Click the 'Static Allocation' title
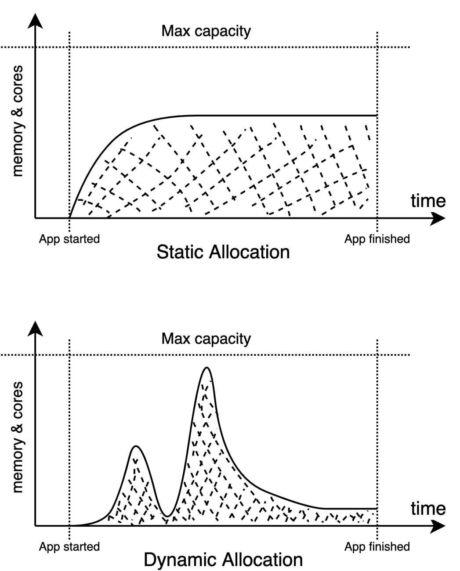click(223, 252)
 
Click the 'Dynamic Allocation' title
click(223, 560)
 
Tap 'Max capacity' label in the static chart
click(206, 31)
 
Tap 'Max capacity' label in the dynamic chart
click(206, 339)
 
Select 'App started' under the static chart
click(69, 239)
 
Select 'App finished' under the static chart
click(377, 239)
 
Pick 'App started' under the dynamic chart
click(69, 547)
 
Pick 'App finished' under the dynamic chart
click(377, 547)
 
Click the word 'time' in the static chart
click(428, 201)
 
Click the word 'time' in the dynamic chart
click(428, 509)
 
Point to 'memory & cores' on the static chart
click(18, 121)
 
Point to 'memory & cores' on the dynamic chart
click(18, 437)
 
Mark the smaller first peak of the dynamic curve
click(136, 446)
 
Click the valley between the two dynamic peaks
click(167, 516)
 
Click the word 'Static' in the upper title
click(180, 252)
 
